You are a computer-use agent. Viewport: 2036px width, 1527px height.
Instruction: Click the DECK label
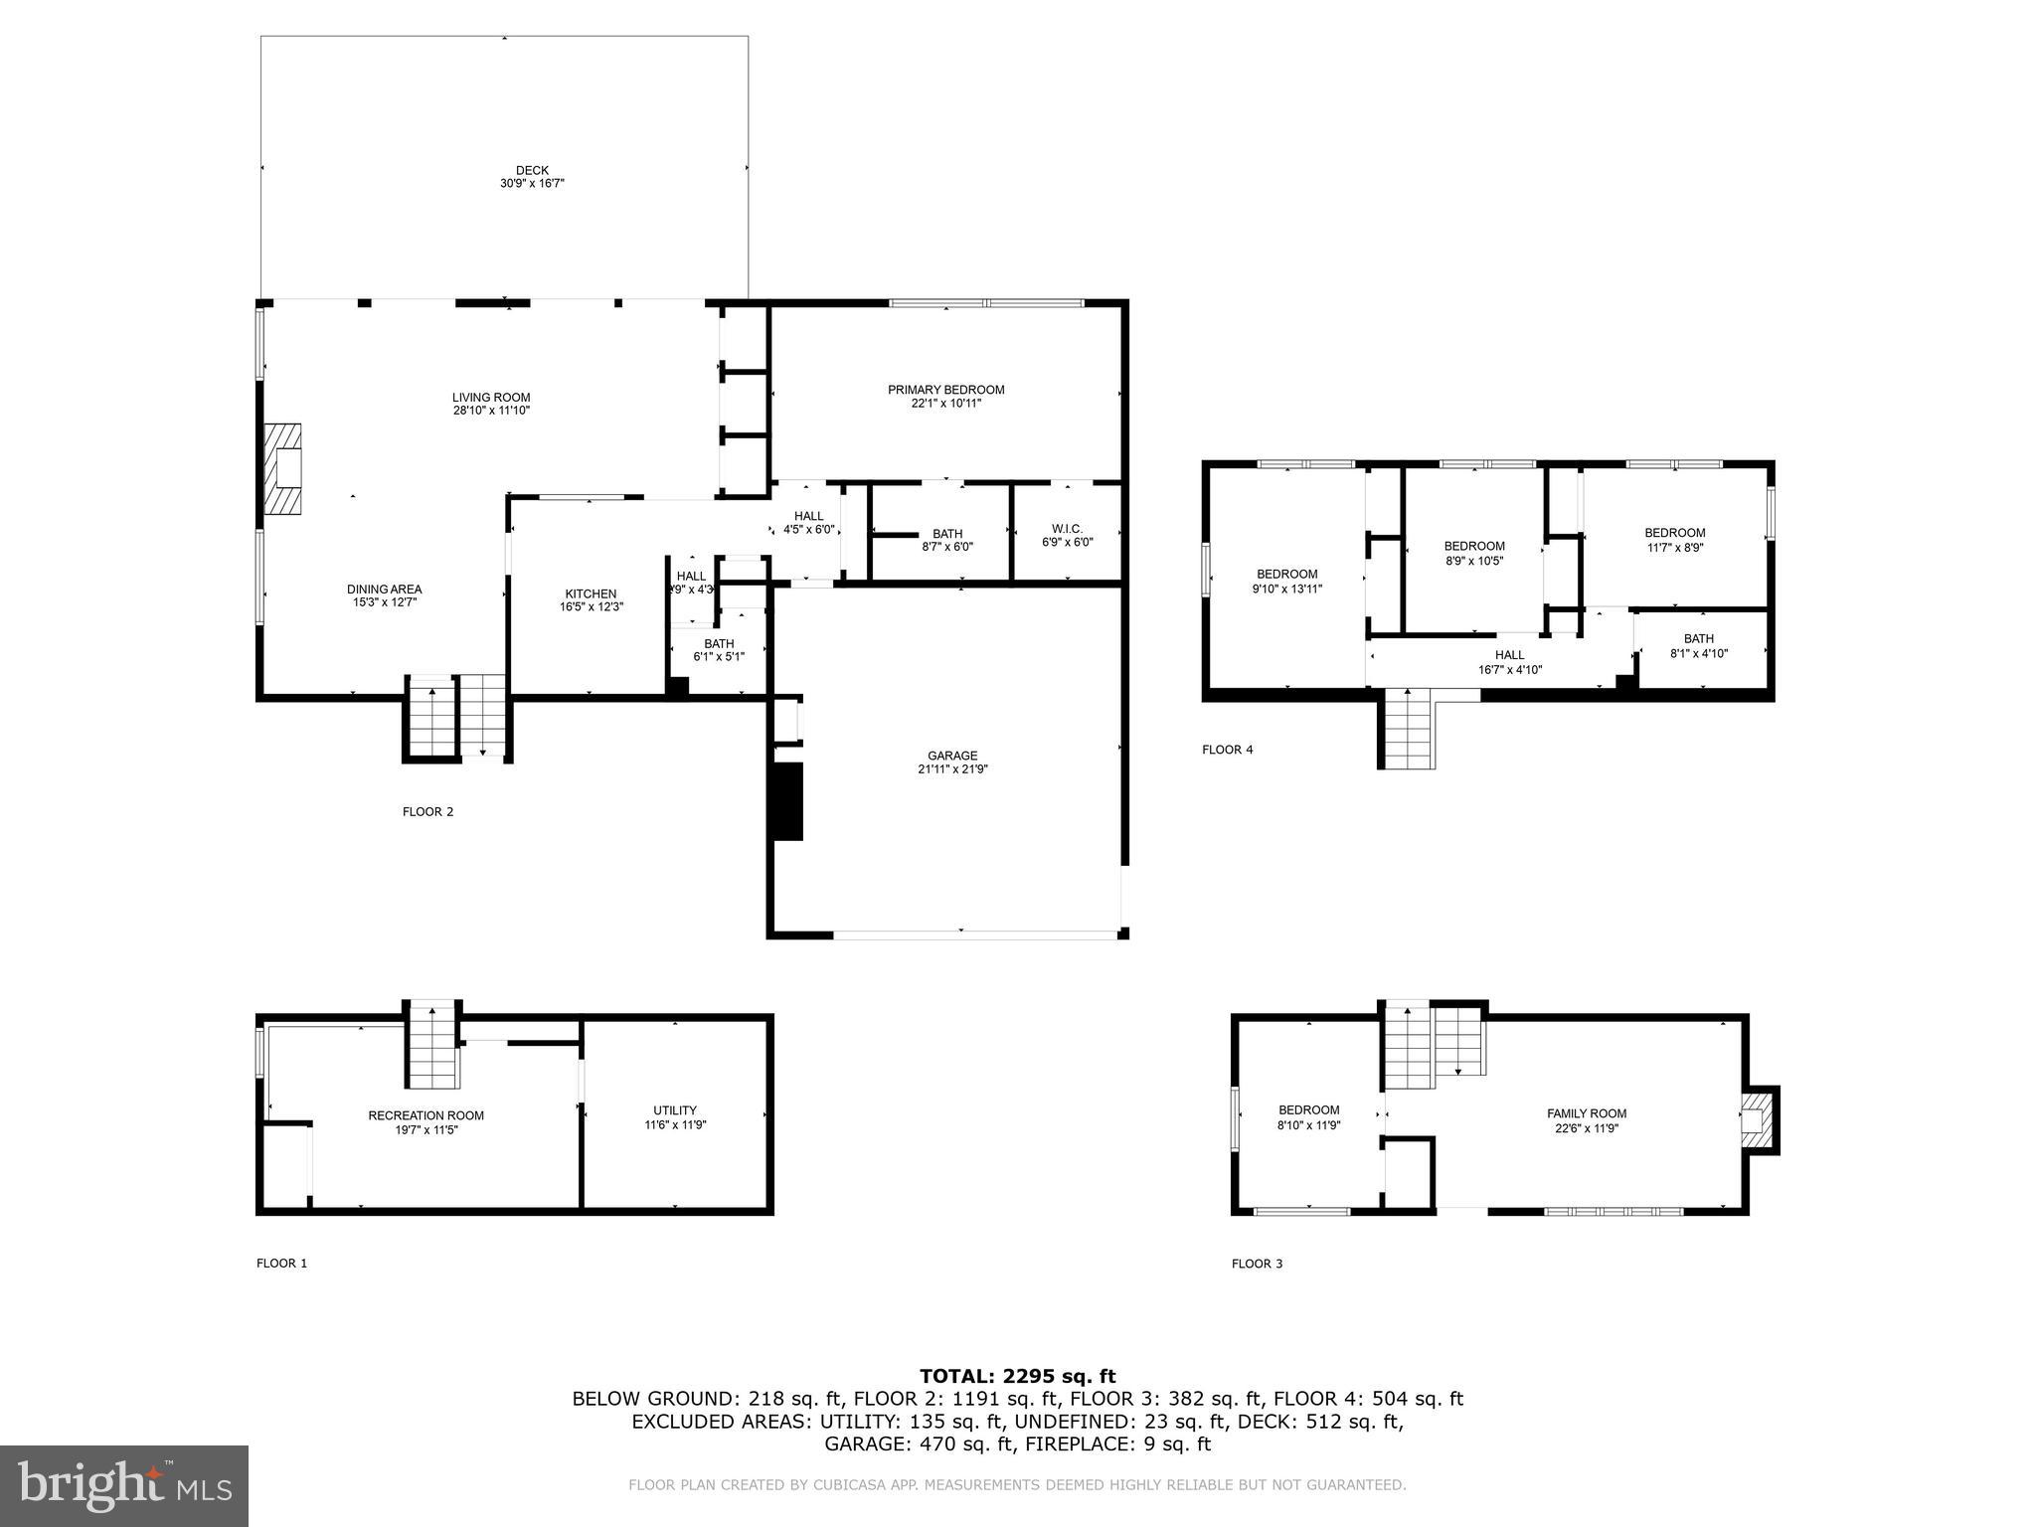tap(532, 170)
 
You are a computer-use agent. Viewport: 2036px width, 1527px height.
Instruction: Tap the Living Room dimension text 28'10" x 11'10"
tap(491, 411)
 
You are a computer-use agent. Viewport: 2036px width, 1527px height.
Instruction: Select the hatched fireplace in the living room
tap(282, 469)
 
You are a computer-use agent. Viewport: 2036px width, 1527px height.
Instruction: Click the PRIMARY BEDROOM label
tap(945, 390)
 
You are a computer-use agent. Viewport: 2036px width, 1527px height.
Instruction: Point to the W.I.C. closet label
tap(1067, 529)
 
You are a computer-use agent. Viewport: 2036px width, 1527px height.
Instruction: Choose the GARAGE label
tap(952, 756)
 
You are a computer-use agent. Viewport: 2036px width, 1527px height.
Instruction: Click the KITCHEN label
tap(591, 594)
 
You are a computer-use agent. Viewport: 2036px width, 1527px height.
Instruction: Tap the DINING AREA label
tap(384, 589)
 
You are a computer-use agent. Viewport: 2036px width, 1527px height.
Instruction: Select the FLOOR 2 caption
tap(427, 812)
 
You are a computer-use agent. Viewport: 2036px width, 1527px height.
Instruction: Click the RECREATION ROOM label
tap(425, 1115)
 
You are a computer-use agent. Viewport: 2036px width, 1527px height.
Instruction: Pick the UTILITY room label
tap(675, 1110)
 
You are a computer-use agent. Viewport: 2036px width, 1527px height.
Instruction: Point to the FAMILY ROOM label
tap(1586, 1113)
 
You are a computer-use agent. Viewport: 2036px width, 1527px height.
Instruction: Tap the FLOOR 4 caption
tap(1227, 750)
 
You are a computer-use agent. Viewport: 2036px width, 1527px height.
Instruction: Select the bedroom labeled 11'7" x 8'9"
tap(1674, 540)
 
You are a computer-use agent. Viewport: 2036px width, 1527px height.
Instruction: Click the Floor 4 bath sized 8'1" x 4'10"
tap(1698, 646)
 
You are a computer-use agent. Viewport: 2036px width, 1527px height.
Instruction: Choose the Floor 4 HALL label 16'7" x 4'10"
tap(1509, 662)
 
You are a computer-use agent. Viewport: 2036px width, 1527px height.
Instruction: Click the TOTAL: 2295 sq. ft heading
tap(1017, 1376)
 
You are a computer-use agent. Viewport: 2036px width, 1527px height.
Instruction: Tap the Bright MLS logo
tap(124, 1486)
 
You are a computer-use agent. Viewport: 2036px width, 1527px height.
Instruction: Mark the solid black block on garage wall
tap(787, 802)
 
